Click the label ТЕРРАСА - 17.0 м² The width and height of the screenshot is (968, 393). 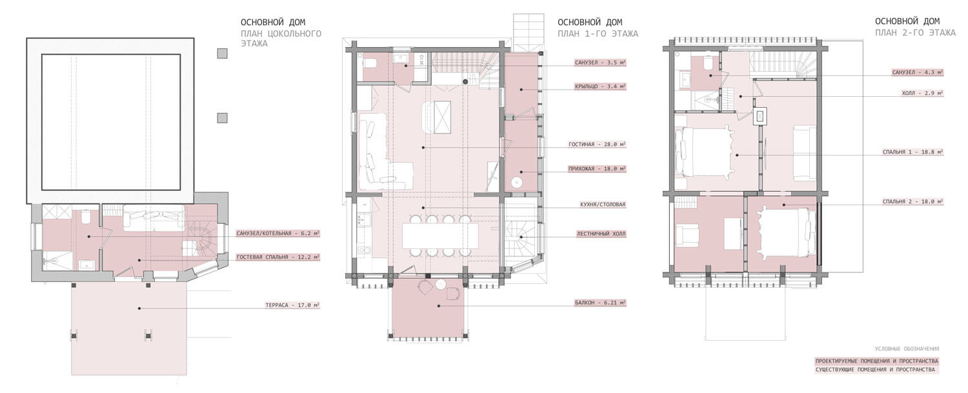click(x=292, y=305)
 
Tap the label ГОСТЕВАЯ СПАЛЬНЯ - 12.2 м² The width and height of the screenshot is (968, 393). click(x=278, y=257)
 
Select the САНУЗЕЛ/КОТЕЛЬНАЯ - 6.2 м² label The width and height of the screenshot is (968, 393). click(x=278, y=234)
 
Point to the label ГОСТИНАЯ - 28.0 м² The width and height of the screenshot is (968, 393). click(x=597, y=145)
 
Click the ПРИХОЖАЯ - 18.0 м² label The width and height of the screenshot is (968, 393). click(x=597, y=169)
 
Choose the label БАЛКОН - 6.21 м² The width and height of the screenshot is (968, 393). click(x=600, y=303)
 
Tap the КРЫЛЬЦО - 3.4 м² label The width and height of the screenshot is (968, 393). click(x=600, y=86)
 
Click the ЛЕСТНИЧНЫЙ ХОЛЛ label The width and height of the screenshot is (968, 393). click(x=601, y=234)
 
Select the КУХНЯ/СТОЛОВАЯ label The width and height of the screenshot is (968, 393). click(x=603, y=205)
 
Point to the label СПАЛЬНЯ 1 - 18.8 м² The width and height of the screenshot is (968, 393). click(x=913, y=152)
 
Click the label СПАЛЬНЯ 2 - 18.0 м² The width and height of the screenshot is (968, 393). click(x=913, y=201)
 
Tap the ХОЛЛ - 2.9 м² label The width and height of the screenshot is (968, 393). click(x=922, y=93)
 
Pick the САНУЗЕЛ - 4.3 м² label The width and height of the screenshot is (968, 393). click(x=918, y=73)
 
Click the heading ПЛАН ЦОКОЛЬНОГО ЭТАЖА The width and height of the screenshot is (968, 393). click(x=281, y=39)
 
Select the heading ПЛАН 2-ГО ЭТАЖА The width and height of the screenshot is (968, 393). click(x=915, y=33)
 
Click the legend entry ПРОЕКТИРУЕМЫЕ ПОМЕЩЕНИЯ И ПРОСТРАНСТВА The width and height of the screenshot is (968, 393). click(x=877, y=361)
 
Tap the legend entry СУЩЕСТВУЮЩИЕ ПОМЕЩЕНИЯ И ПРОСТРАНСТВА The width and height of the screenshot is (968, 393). click(x=875, y=370)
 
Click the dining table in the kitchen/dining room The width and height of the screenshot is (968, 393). click(x=440, y=236)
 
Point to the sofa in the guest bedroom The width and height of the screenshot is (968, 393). click(x=154, y=218)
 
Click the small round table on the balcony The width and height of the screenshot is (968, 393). click(x=440, y=285)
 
